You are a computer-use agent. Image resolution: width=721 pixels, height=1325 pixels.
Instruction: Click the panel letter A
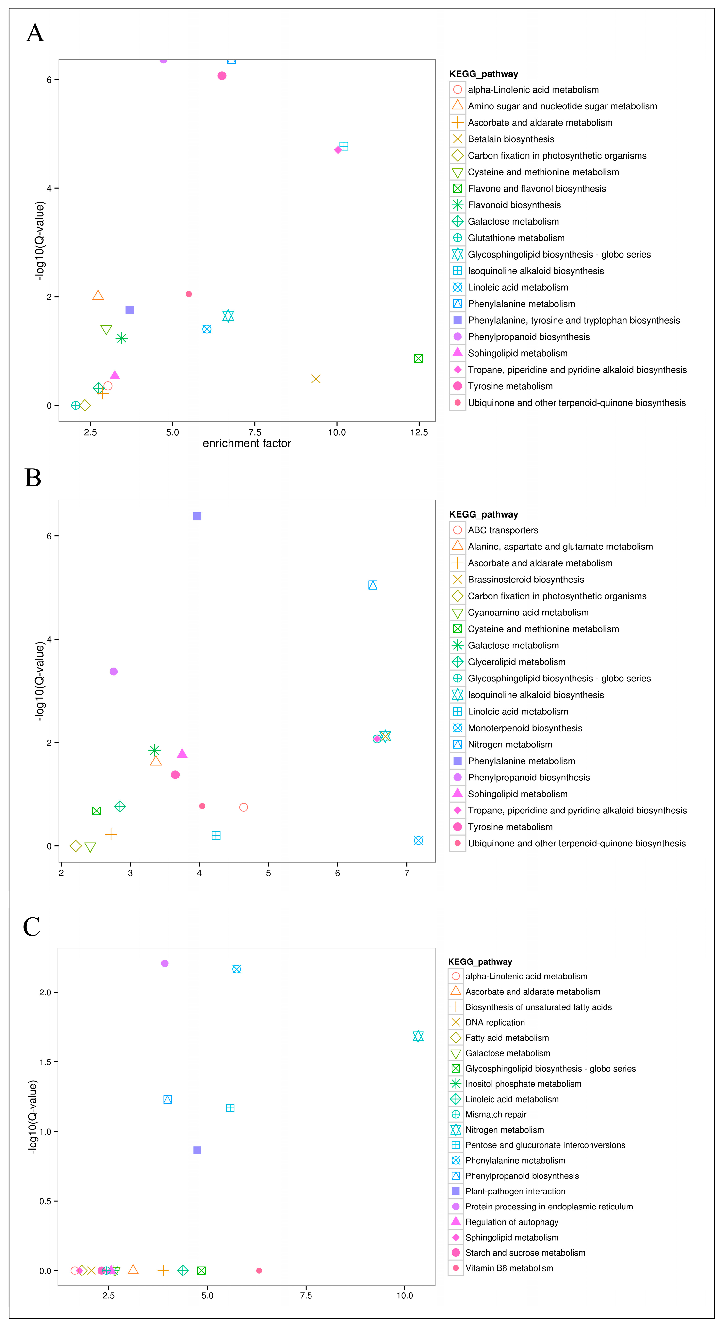tap(35, 33)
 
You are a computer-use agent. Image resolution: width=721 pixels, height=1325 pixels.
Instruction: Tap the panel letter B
tap(33, 478)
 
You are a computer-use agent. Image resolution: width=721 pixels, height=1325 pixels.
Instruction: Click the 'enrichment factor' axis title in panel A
tap(247, 443)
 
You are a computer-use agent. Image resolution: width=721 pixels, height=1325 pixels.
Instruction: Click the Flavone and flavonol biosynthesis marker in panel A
tap(418, 359)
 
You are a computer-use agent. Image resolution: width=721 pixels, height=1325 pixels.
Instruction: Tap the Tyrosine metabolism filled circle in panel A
tap(222, 76)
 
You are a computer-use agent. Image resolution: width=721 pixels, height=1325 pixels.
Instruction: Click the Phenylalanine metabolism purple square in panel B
tap(197, 516)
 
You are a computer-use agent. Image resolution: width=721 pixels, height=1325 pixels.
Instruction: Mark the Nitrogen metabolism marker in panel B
tap(373, 585)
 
